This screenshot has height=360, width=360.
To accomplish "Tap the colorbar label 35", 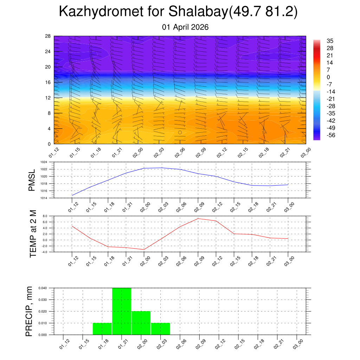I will pos(330,41).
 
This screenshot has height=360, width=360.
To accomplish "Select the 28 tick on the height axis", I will pos(48,36).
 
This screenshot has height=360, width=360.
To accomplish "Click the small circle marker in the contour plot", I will pos(180,133).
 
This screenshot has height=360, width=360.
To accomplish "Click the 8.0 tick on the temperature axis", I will pos(45,216).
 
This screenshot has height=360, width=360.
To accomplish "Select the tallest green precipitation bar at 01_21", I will pos(122,311).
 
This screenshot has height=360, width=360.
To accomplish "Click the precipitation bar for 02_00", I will pos(141,323).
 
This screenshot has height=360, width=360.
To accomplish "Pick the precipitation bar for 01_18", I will pos(102,329).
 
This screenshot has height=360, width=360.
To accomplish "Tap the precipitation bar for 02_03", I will pos(160,329).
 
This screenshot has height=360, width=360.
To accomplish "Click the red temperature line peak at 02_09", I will pos(198,219).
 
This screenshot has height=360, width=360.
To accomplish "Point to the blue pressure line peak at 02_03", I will pos(162,168).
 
